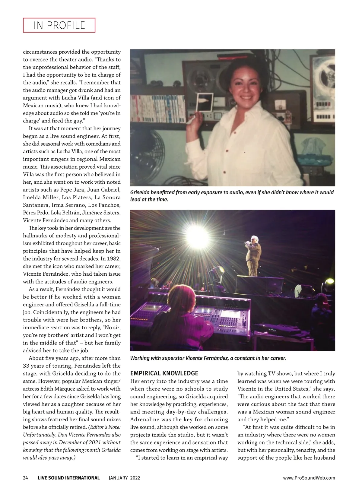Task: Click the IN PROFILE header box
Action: [59, 25]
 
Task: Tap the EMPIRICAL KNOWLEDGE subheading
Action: [164, 373]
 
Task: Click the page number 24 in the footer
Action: [25, 478]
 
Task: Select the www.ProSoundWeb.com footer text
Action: [309, 478]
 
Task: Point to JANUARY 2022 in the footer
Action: [124, 478]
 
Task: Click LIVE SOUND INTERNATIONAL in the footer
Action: [69, 478]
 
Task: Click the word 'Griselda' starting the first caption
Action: [141, 192]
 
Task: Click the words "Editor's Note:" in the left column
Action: [104, 427]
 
